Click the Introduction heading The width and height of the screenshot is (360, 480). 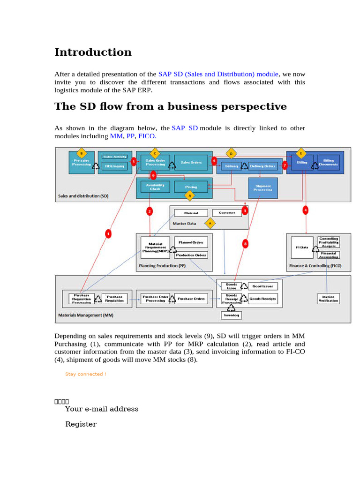pyautogui.click(x=93, y=52)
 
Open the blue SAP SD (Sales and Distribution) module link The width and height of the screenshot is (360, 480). pyautogui.click(x=218, y=74)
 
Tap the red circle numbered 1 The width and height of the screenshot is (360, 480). pyautogui.click(x=108, y=233)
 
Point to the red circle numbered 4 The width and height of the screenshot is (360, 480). pyautogui.click(x=306, y=210)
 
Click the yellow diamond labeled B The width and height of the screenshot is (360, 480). pyautogui.click(x=82, y=153)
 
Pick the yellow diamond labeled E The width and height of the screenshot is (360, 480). pyautogui.click(x=301, y=153)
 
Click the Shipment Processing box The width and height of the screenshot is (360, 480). pyautogui.click(x=262, y=187)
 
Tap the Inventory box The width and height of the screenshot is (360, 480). pyautogui.click(x=232, y=315)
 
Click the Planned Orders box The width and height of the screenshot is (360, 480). pyautogui.click(x=191, y=242)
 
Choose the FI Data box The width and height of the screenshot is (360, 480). pyautogui.click(x=302, y=248)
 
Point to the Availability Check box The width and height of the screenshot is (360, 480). pyautogui.click(x=155, y=187)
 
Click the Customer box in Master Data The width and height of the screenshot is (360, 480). pyautogui.click(x=227, y=213)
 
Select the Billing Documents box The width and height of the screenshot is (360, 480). pyautogui.click(x=328, y=162)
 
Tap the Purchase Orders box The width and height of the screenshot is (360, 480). pyautogui.click(x=190, y=299)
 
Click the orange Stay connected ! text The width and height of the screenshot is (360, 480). pyautogui.click(x=85, y=374)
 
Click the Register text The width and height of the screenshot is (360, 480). pyautogui.click(x=81, y=424)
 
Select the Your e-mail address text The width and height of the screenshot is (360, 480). pyautogui.click(x=102, y=409)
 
